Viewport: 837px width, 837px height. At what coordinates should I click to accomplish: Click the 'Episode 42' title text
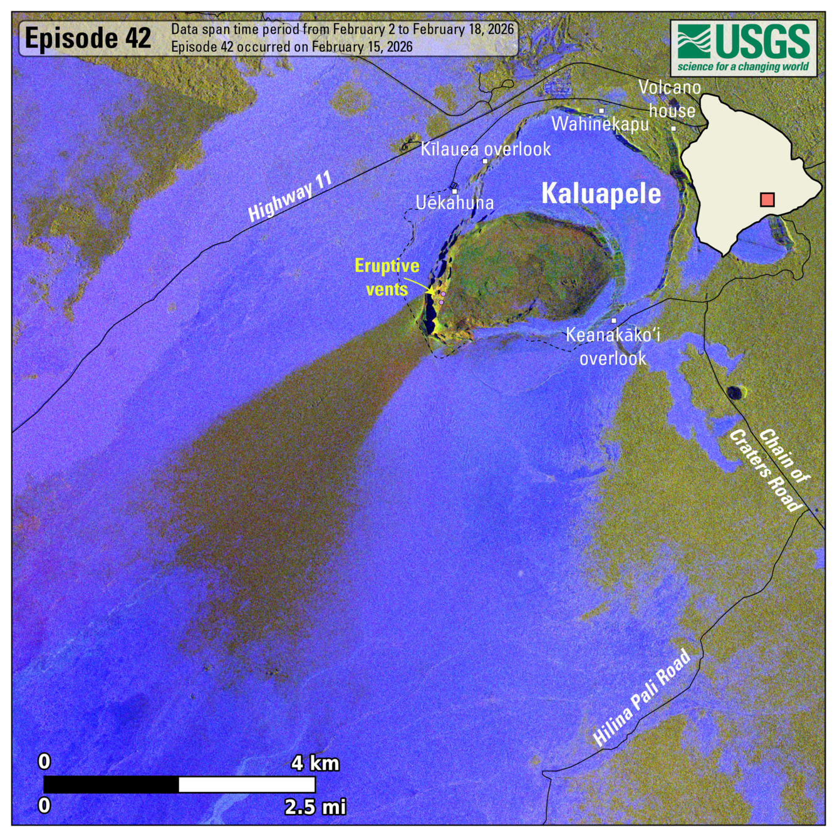pos(88,39)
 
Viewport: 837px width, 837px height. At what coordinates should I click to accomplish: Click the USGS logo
pos(744,48)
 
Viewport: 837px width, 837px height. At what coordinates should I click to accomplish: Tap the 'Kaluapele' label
pos(601,194)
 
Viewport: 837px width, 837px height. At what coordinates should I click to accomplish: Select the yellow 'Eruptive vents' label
pos(387,277)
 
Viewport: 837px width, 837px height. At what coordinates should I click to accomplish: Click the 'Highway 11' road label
pos(289,196)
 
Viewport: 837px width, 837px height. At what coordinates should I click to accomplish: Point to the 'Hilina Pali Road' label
pos(642,698)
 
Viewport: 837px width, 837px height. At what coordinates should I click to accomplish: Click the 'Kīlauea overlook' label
pos(486,149)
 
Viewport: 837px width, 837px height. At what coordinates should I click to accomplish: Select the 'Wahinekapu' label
pos(600,124)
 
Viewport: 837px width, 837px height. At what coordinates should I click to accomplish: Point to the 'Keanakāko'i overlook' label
pos(613,346)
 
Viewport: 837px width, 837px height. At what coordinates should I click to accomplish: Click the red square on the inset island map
pos(767,200)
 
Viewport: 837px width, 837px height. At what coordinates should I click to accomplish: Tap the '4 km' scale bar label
pos(315,763)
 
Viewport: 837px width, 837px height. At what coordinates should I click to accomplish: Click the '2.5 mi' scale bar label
pos(315,806)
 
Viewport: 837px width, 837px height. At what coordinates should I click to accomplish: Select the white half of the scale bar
pos(247,784)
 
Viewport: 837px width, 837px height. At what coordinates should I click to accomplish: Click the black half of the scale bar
pos(111,784)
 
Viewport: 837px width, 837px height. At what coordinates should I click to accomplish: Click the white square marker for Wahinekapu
pos(601,111)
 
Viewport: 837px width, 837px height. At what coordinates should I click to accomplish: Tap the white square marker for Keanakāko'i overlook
pos(613,321)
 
